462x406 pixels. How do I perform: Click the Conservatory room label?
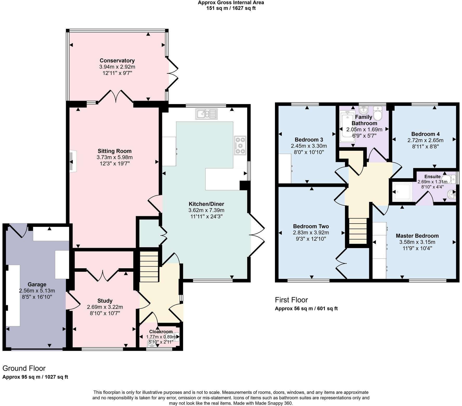click(117, 61)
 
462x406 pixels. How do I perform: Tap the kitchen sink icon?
click(207, 114)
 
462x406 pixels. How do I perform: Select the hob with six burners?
click(240, 146)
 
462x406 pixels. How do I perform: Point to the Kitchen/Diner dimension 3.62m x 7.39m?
click(206, 210)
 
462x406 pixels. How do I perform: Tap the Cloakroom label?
click(161, 332)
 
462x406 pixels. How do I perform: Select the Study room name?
click(105, 301)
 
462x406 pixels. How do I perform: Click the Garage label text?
click(37, 284)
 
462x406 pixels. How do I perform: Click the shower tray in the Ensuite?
click(402, 192)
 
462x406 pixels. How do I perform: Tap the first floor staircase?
click(357, 231)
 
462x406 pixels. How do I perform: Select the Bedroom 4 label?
click(425, 134)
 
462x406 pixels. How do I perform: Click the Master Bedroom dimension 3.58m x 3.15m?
click(417, 242)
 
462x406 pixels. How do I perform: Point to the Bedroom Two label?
click(311, 226)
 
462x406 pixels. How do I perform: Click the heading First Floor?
click(291, 300)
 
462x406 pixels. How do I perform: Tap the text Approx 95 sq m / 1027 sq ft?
click(35, 377)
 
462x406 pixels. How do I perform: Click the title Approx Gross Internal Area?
click(231, 3)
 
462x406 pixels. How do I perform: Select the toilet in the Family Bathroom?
click(377, 113)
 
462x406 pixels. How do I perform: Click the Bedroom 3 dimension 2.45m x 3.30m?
click(309, 146)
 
